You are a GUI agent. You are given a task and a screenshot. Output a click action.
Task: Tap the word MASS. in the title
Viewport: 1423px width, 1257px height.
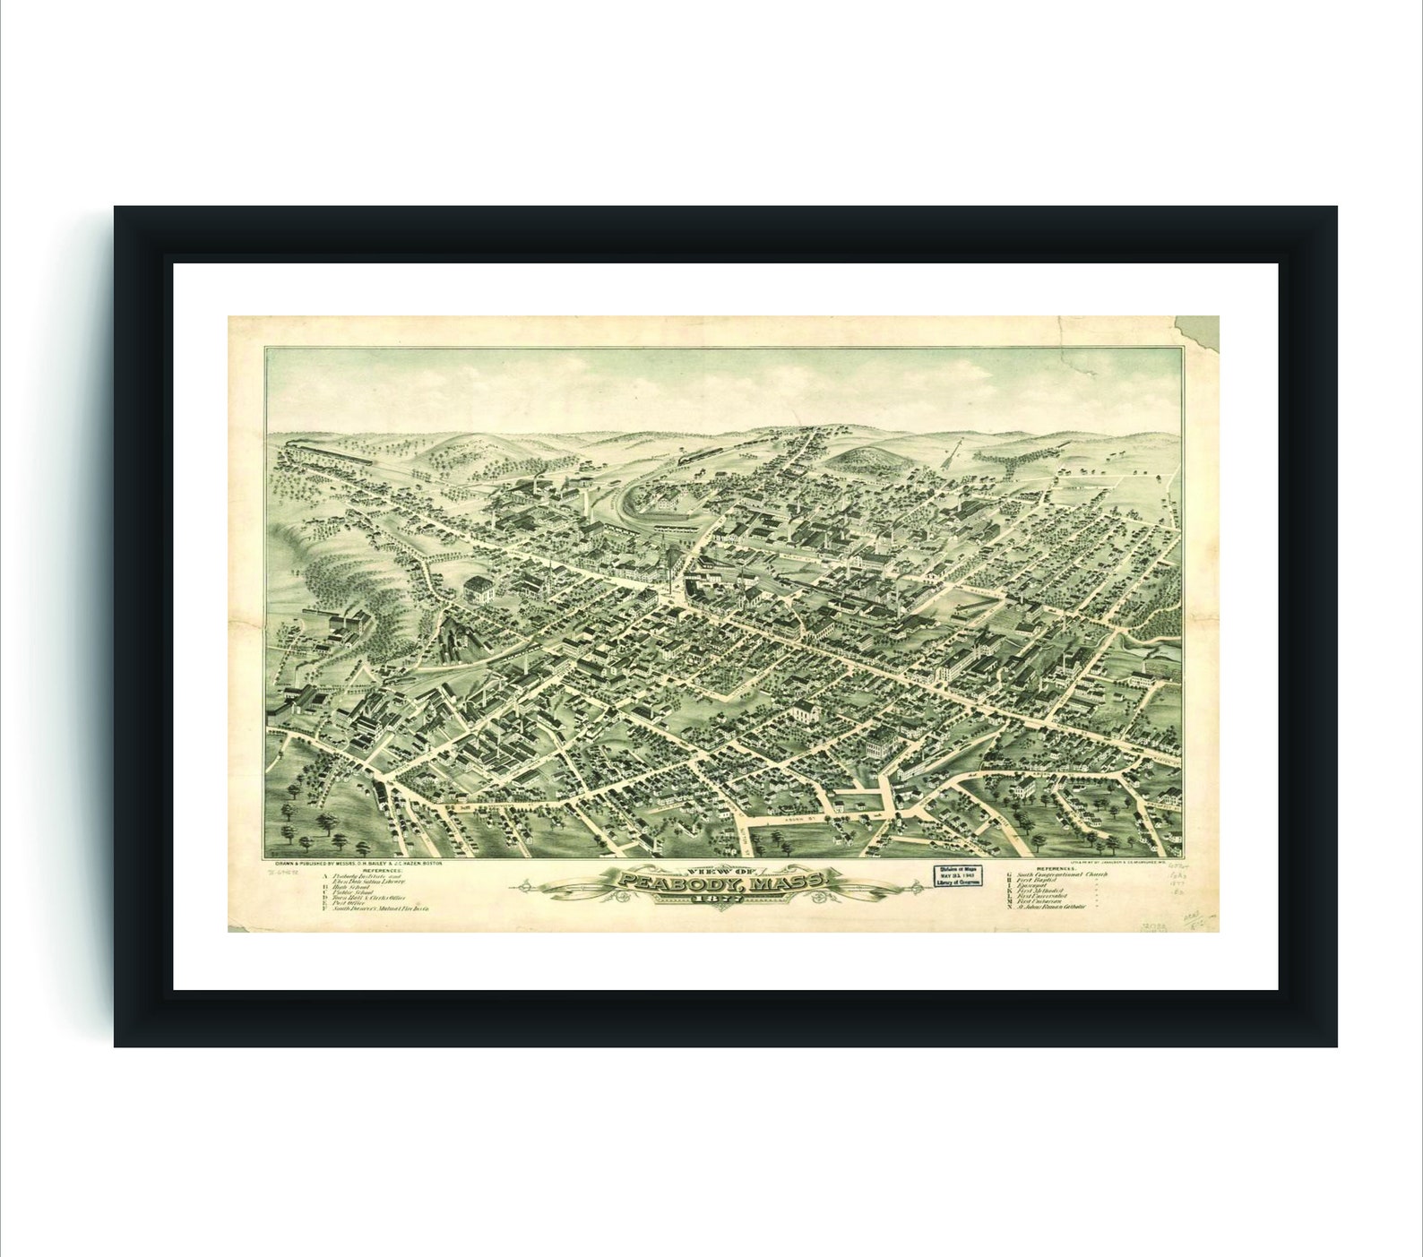pyautogui.click(x=789, y=883)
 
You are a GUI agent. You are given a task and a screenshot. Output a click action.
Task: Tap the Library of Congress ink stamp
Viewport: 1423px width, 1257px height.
pyautogui.click(x=958, y=875)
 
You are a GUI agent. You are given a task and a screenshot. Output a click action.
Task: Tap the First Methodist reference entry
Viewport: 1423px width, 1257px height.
pyautogui.click(x=1039, y=893)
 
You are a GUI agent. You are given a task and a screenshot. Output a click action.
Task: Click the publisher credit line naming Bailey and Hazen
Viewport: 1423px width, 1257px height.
pyautogui.click(x=358, y=863)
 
